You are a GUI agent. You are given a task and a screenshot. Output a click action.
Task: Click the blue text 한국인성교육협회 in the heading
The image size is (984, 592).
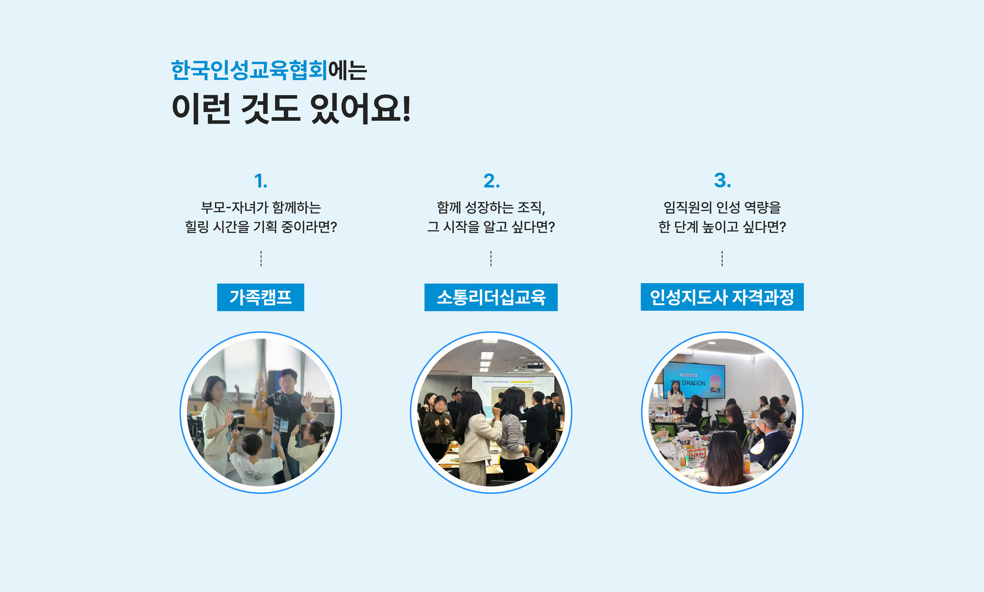pos(249,70)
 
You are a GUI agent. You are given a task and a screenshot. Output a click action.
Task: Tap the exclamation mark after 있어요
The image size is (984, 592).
pos(406,108)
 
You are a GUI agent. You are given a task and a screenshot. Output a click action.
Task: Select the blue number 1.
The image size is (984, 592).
pos(260,181)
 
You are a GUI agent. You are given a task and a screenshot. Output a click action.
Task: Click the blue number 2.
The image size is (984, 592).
pos(491,181)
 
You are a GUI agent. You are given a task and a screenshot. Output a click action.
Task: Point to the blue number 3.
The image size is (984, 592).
pos(722,180)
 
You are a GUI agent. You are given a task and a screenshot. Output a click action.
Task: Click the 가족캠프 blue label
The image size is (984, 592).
pos(260,297)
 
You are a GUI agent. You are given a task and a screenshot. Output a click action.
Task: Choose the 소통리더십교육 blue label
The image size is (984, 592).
pos(491,297)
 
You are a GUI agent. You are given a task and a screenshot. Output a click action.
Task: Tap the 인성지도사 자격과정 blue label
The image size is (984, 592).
pos(722,297)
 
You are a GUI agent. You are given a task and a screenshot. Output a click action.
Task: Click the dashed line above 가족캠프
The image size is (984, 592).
pos(261,259)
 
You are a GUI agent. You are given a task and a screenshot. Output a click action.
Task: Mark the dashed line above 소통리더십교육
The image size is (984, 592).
pos(491,259)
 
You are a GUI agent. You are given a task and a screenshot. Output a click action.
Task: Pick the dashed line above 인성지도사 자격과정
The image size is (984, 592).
pos(722,259)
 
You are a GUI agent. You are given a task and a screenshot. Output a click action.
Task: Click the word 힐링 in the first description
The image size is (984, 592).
pos(197,227)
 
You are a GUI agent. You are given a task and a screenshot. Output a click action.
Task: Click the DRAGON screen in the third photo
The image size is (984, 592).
pos(694,380)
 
